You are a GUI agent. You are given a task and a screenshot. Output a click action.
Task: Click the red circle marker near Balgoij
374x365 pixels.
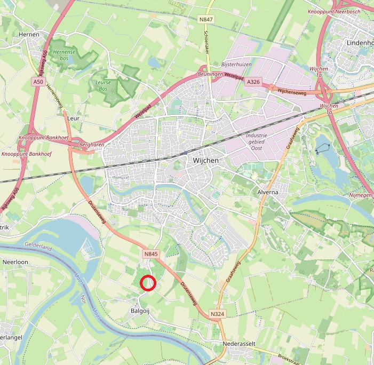pos(147,283)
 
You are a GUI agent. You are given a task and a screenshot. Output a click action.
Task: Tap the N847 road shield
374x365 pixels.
pos(205,20)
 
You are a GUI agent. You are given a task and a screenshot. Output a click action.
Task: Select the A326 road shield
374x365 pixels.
pos(252,82)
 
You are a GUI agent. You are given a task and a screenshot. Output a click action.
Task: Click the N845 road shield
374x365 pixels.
pos(150,255)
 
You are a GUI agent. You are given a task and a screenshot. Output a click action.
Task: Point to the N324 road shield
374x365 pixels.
pos(217,314)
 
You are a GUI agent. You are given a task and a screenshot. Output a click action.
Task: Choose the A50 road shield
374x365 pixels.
pos(37,82)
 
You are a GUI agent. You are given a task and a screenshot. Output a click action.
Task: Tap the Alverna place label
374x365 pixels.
pos(268,192)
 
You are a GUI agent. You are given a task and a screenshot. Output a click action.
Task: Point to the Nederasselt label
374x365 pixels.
pos(242,344)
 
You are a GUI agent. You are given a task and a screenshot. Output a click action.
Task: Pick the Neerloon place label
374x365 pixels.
pos(15,263)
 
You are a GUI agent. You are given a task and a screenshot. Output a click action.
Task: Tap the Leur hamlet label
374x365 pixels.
pos(73,118)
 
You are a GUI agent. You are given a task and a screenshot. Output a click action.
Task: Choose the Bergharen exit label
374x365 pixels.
pos(91,145)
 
